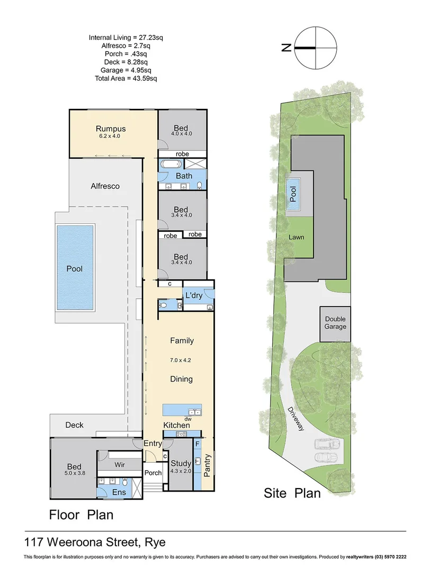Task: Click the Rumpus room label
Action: (x=111, y=128)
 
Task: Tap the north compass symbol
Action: (x=316, y=48)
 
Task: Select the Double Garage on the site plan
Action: (x=335, y=323)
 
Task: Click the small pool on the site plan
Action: (x=293, y=195)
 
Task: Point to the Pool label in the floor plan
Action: (x=75, y=269)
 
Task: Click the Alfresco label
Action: (x=105, y=186)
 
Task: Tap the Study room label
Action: (x=180, y=464)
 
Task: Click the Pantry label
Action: (x=207, y=465)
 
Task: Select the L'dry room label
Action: (x=193, y=295)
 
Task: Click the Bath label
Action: (x=184, y=176)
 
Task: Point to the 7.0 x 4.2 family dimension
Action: (x=181, y=360)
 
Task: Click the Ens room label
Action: (x=120, y=492)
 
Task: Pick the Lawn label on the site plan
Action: (x=296, y=237)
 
